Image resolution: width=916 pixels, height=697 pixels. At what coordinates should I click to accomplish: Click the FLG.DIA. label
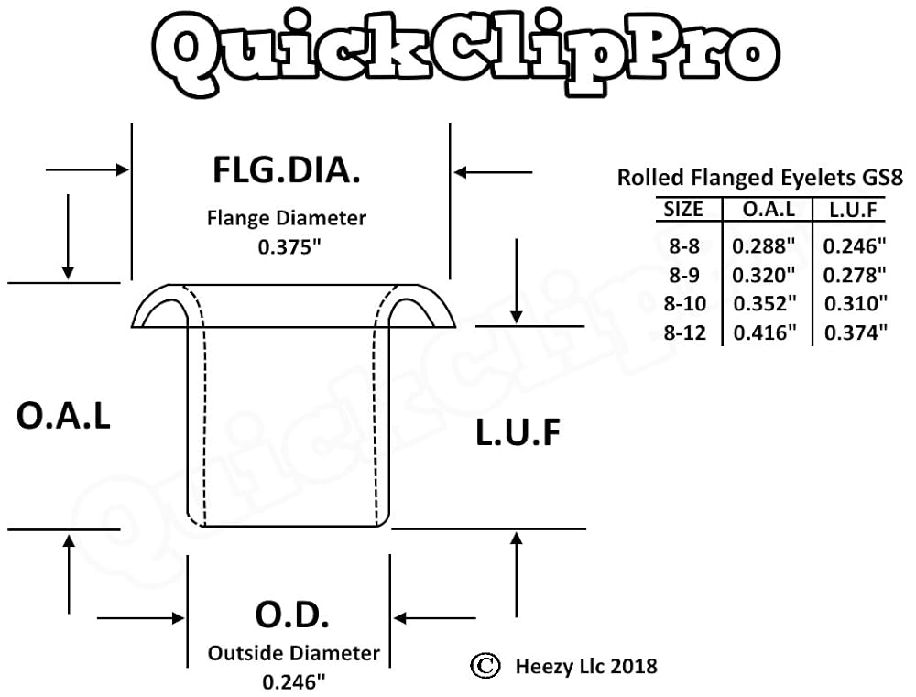286,170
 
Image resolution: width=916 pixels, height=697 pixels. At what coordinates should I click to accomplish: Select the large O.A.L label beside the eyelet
64,417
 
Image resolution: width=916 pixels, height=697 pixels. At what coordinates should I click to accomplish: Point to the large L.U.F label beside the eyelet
518,432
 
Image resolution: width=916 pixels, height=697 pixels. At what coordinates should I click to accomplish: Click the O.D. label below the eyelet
292,615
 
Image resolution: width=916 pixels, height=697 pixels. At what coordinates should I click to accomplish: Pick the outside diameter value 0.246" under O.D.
293,681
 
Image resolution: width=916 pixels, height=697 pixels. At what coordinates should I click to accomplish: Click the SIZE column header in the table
683,210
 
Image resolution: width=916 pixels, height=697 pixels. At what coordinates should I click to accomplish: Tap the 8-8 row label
684,245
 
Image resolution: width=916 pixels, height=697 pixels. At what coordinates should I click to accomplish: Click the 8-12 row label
685,333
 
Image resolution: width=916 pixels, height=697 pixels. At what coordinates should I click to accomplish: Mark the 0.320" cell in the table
764,275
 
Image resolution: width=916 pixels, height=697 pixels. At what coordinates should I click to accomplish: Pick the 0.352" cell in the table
764,304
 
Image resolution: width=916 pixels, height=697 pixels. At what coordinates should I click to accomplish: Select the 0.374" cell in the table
856,333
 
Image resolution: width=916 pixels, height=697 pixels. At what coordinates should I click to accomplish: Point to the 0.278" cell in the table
856,275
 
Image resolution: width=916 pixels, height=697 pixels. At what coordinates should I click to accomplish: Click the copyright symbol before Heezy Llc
485,665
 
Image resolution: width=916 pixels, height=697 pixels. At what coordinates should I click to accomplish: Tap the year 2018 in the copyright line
632,665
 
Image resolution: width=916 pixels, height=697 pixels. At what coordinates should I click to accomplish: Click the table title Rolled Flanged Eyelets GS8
759,177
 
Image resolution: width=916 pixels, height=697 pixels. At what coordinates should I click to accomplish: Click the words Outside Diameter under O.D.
293,653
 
